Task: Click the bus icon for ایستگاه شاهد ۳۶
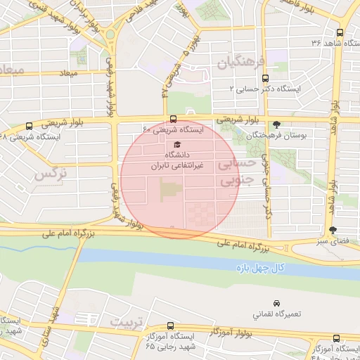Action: pos(340,32)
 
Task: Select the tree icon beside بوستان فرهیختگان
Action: pos(276,124)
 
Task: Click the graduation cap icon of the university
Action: pos(176,143)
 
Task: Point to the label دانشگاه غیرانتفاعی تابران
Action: pos(177,160)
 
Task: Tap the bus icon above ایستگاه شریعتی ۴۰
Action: pos(173,119)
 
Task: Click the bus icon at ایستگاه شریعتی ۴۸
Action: pos(29,126)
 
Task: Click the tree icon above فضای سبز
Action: pos(333,231)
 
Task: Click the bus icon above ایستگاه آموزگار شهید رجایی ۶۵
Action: pos(171,326)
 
